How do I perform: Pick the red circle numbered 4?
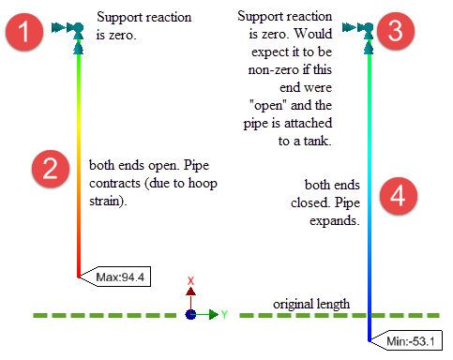click(x=397, y=198)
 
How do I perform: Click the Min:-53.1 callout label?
click(x=411, y=341)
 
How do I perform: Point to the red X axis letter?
click(x=191, y=281)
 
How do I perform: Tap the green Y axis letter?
click(x=224, y=315)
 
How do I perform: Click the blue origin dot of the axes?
click(x=191, y=315)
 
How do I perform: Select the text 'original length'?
click(x=311, y=305)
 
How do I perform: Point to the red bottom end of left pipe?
click(x=78, y=272)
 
